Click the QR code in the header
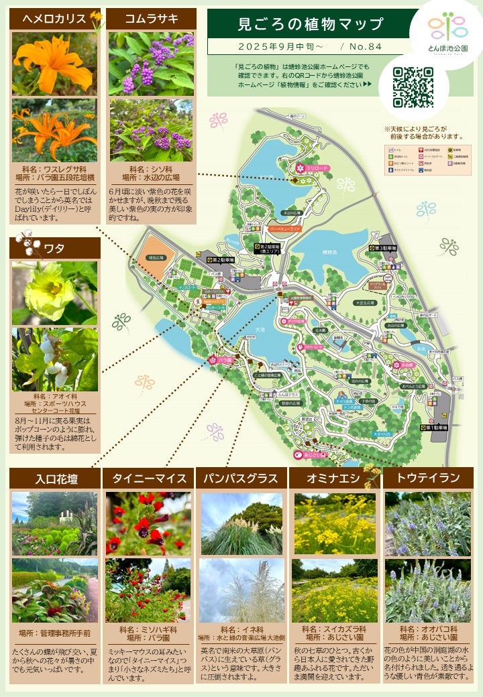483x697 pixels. tap(413, 87)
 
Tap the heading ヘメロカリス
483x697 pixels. tap(54, 19)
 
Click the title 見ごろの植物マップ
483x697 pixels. tap(311, 25)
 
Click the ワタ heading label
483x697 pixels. tap(54, 248)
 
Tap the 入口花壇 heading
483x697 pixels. tap(54, 479)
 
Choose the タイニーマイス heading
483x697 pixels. tap(148, 479)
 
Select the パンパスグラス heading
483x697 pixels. tap(241, 479)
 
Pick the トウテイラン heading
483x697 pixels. tap(428, 479)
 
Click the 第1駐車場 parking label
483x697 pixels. tap(434, 427)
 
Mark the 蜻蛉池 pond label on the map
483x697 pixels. tap(329, 253)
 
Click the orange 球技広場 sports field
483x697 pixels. tap(156, 257)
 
